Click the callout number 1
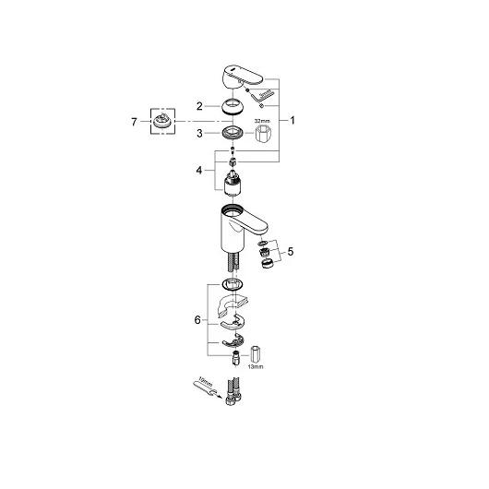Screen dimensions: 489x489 coord(292,120)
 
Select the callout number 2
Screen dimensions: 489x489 coord(199,106)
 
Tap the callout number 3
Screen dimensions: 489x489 coord(199,134)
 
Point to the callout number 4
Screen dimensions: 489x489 coord(199,171)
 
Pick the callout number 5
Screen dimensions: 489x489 coord(291,251)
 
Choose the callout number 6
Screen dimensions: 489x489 coord(197,320)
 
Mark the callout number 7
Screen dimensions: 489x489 coord(134,122)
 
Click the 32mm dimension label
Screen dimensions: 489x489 coord(262,121)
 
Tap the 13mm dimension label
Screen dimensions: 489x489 coord(256,367)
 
